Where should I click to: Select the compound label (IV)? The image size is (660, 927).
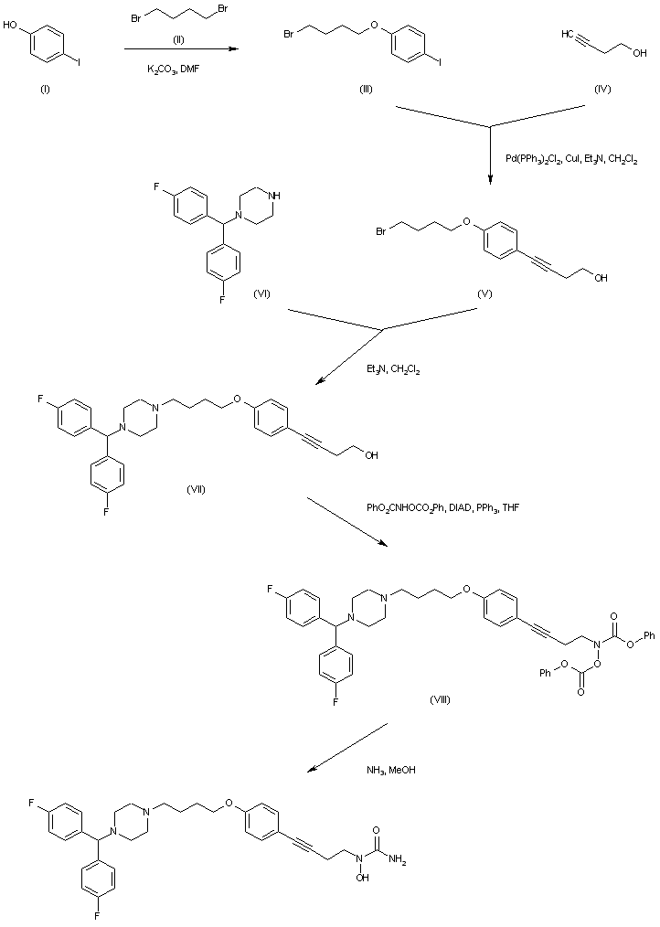(602, 89)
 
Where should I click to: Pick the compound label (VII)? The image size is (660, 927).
(196, 488)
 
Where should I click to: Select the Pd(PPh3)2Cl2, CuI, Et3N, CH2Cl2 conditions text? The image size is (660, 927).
(571, 158)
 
